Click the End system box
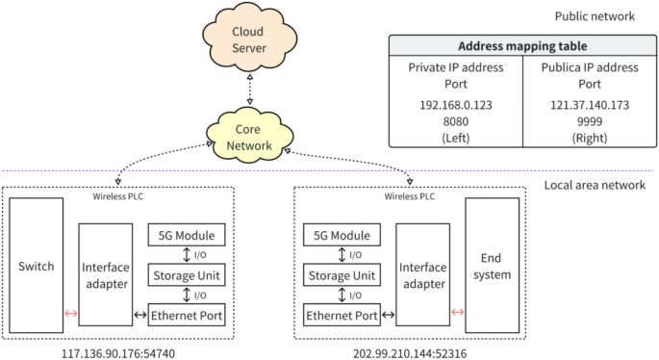[x=492, y=266]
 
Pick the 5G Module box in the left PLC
[x=187, y=235]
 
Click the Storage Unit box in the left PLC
[x=187, y=275]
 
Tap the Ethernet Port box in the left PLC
[x=187, y=315]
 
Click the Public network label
[x=595, y=16]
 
